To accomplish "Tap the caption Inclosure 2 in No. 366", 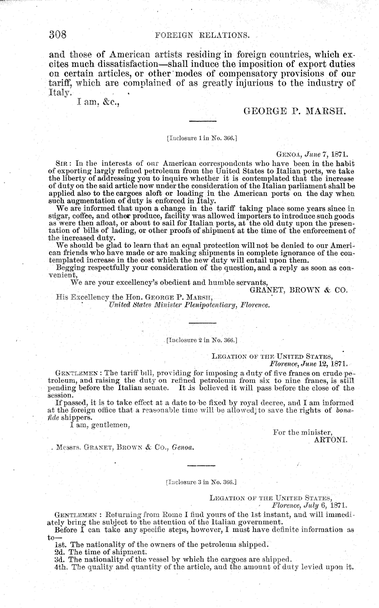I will pyautogui.click(x=202, y=340).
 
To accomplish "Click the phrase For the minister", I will pyautogui.click(x=303, y=432).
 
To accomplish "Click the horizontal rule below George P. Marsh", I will pyautogui.click(x=203, y=121).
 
